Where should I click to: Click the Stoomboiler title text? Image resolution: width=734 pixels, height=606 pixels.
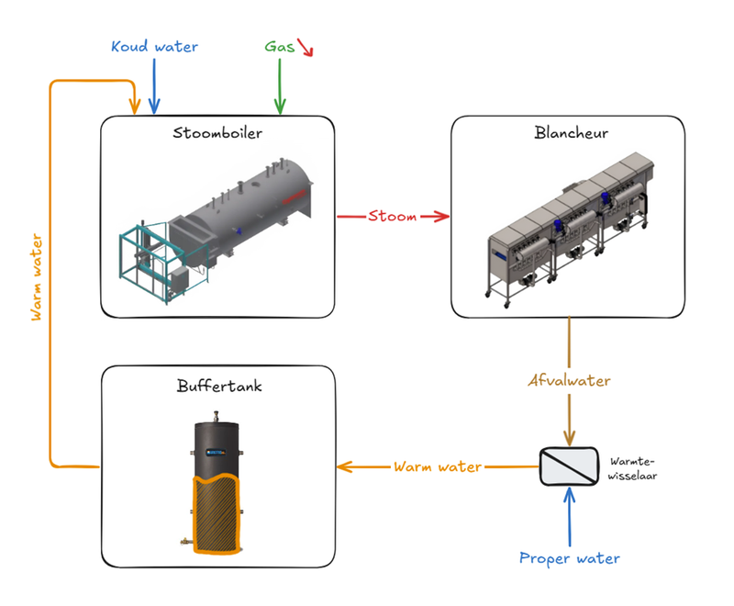(217, 134)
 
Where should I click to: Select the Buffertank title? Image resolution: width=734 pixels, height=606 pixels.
(218, 387)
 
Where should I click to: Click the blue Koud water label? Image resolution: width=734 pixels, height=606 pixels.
(154, 46)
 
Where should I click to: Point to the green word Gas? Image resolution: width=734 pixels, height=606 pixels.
(279, 46)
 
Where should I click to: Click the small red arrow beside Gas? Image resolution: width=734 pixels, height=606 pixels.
(305, 48)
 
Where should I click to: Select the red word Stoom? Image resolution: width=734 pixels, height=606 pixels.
(393, 218)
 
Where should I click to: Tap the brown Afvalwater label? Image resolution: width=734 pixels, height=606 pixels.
(570, 379)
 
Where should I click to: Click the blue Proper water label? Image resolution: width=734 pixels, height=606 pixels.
(569, 558)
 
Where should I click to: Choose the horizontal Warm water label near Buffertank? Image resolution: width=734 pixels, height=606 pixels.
(438, 466)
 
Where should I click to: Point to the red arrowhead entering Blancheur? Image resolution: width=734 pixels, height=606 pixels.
(444, 218)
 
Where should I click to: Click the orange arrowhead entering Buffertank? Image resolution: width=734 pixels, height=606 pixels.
(344, 466)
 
